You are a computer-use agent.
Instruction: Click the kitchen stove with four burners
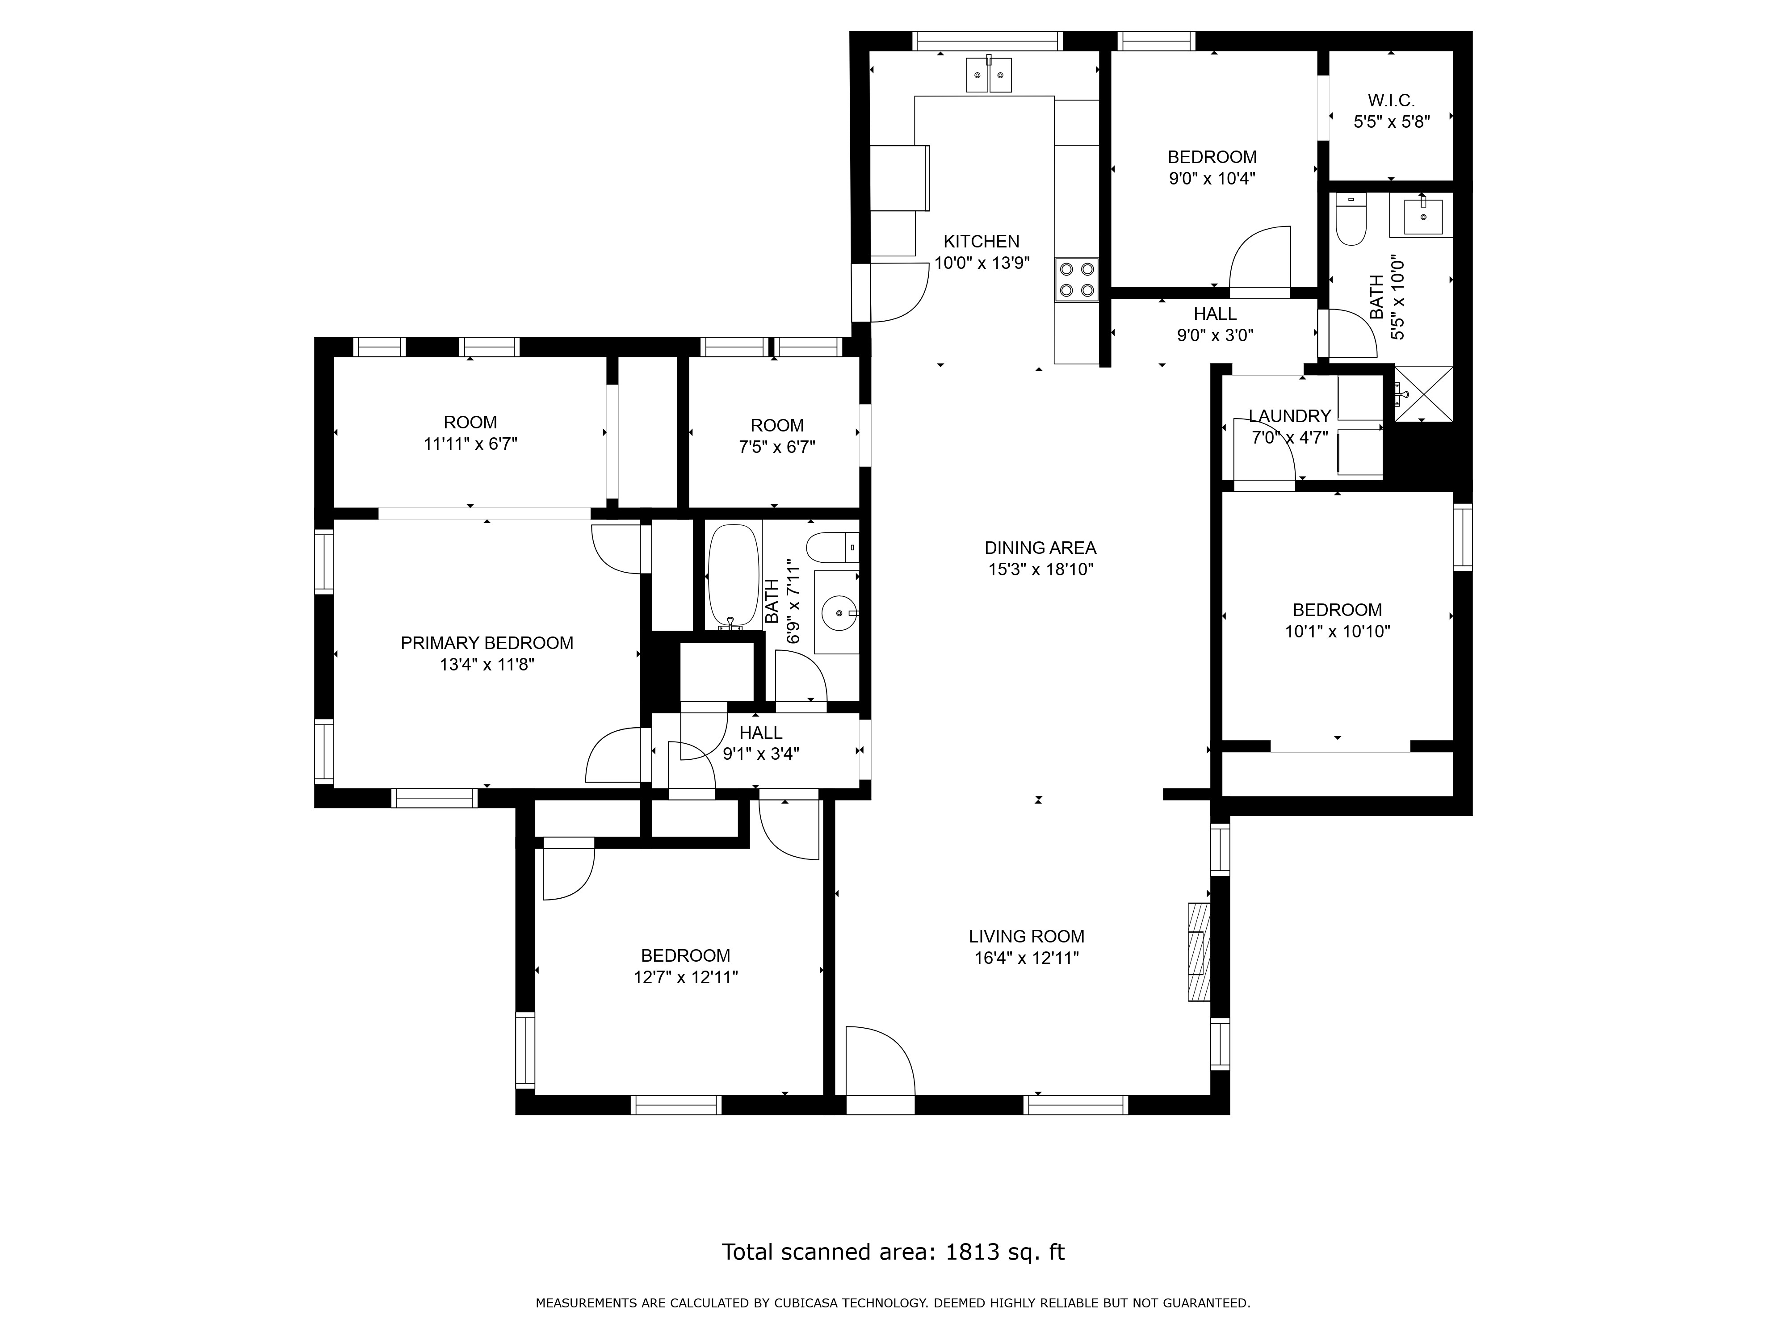[1077, 280]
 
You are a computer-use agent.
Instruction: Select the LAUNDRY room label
[1289, 416]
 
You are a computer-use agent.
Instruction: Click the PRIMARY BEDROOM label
[487, 643]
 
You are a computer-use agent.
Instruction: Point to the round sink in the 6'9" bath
[838, 613]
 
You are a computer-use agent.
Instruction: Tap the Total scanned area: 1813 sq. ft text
[893, 1252]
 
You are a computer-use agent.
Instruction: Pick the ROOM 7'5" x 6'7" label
[776, 436]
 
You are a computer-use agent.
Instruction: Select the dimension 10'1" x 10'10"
[1337, 632]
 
